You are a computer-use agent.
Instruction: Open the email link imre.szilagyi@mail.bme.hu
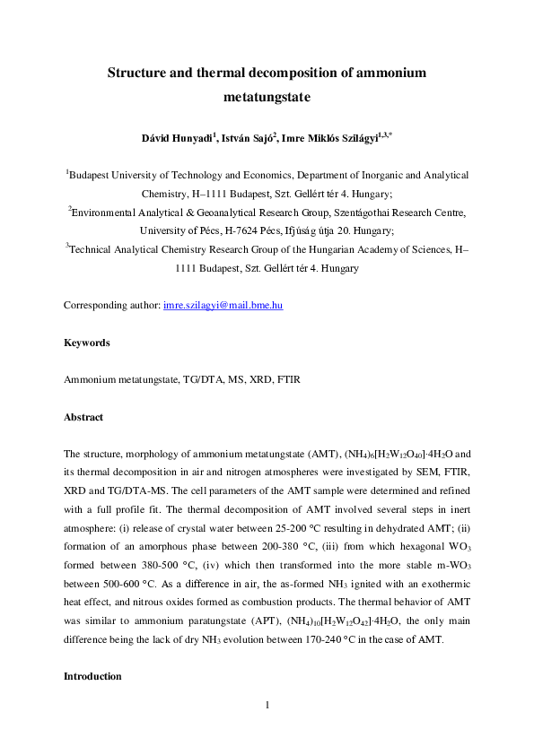[x=223, y=306]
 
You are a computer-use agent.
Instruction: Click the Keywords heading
[x=86, y=343]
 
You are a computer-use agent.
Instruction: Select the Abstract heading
[x=83, y=417]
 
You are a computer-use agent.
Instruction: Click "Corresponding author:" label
[x=111, y=306]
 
